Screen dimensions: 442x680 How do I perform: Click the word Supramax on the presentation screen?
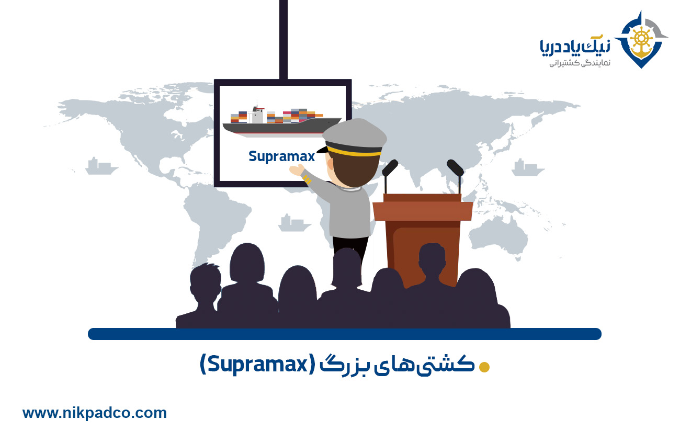281,156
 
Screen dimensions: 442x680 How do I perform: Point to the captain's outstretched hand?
298,170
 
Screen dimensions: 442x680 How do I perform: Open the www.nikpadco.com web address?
95,413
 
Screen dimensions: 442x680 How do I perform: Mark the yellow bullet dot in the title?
484,367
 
